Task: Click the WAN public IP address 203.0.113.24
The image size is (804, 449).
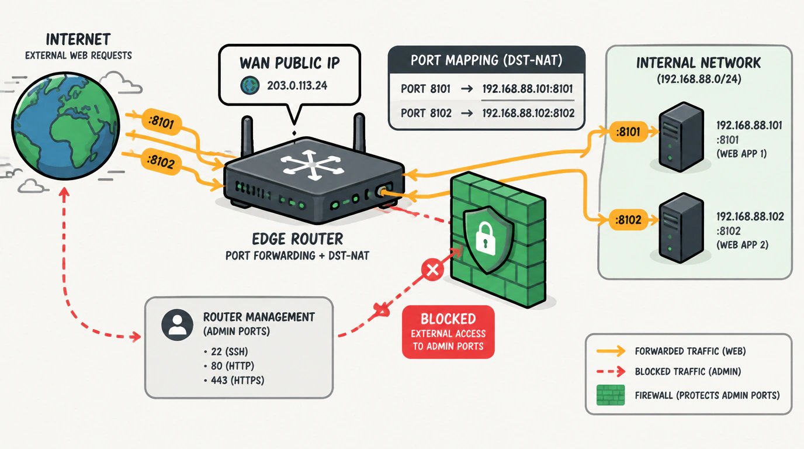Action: [297, 85]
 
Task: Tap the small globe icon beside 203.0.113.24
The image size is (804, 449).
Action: [250, 85]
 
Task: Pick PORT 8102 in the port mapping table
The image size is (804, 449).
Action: [426, 113]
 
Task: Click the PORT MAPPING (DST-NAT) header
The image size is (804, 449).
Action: [487, 60]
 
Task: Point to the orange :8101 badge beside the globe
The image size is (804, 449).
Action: [161, 122]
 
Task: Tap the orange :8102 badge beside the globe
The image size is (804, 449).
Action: [161, 161]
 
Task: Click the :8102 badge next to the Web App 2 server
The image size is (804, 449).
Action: [628, 219]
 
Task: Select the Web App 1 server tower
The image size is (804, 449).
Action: [681, 136]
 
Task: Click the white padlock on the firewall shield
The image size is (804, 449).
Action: [486, 238]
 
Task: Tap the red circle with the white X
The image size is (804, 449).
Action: [432, 270]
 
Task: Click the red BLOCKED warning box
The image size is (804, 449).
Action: [448, 332]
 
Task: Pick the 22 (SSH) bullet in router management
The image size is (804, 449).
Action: [226, 351]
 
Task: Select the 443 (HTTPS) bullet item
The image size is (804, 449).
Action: [234, 380]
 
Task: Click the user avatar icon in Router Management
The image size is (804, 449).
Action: [177, 324]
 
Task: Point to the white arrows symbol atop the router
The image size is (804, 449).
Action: [311, 165]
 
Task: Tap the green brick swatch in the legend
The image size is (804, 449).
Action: [611, 395]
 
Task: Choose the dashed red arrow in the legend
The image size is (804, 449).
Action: [611, 371]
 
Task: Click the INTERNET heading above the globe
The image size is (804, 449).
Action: [78, 40]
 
